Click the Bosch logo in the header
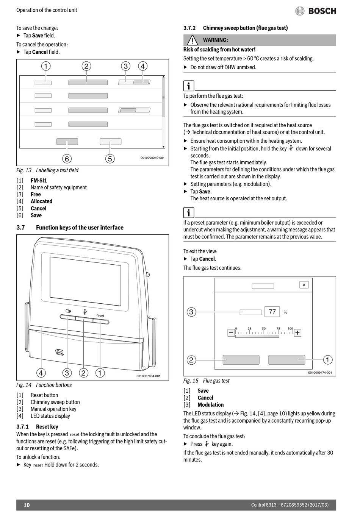(316, 11)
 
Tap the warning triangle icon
(193, 40)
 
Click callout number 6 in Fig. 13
(67, 158)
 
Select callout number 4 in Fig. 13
(142, 66)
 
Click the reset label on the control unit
(100, 315)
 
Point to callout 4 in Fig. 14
(41, 373)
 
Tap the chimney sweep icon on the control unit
(85, 312)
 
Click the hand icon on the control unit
(68, 312)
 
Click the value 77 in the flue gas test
(272, 312)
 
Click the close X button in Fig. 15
(304, 285)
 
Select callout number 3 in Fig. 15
(191, 312)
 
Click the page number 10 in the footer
(27, 505)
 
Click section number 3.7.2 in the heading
(189, 28)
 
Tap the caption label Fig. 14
(24, 385)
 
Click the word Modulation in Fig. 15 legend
(210, 405)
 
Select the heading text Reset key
(47, 426)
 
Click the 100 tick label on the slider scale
(290, 328)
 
